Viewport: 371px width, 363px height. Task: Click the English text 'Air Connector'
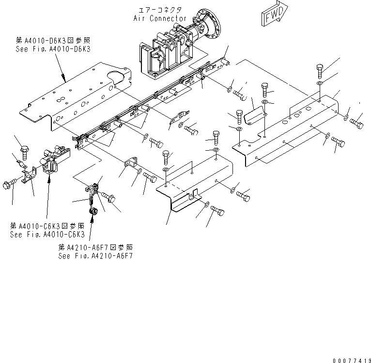pyautogui.click(x=160, y=18)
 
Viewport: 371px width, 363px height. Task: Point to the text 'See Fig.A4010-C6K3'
pyautogui.click(x=47, y=234)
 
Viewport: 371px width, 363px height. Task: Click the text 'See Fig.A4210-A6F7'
pyautogui.click(x=95, y=255)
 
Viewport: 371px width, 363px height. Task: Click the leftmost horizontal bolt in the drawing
pyautogui.click(x=9, y=184)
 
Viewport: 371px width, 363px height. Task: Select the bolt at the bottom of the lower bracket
pyautogui.click(x=217, y=211)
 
